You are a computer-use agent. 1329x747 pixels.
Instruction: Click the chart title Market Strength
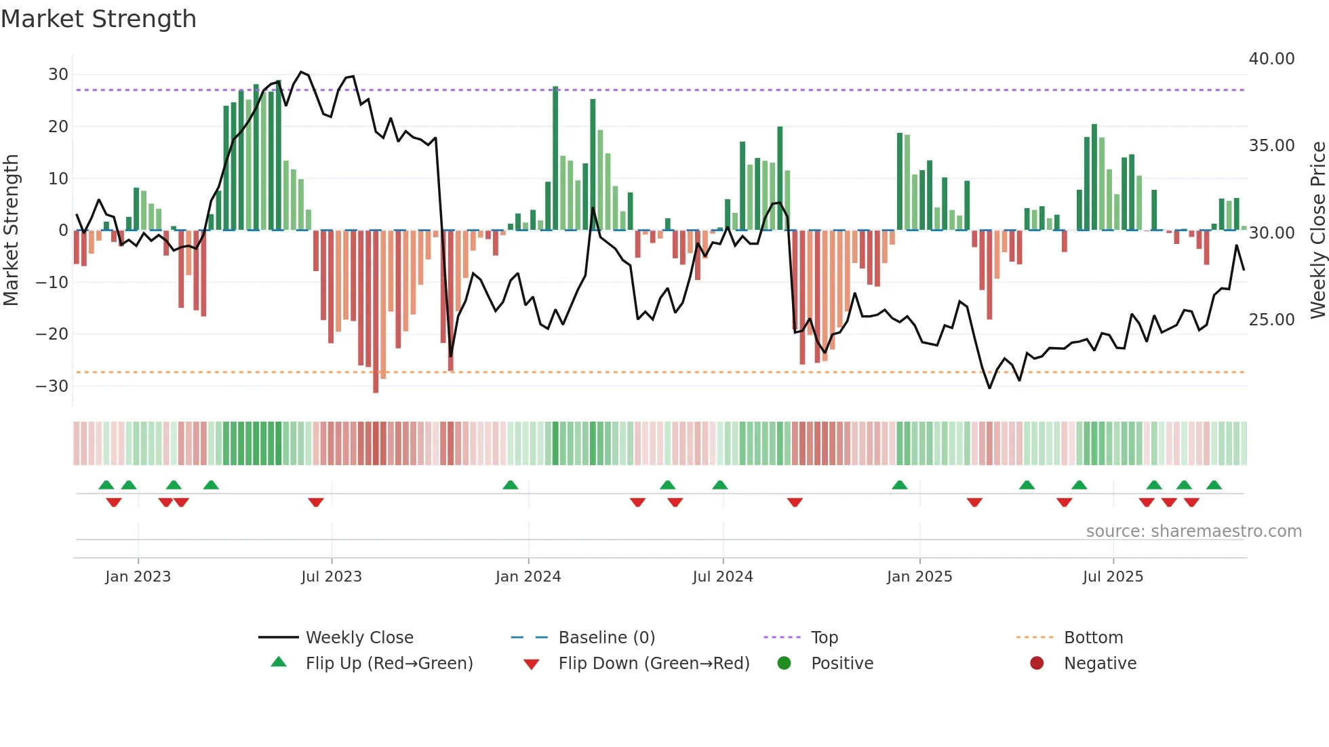(x=98, y=19)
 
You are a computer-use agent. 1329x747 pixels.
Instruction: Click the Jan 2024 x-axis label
(x=528, y=577)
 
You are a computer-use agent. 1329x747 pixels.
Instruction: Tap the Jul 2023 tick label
(x=332, y=577)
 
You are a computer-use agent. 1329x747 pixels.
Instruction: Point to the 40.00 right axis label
(x=1271, y=59)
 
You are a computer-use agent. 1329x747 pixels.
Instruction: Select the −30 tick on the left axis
(x=52, y=386)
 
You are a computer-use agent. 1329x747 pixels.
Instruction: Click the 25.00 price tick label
(x=1271, y=320)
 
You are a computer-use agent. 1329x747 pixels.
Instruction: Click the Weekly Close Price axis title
(x=1317, y=230)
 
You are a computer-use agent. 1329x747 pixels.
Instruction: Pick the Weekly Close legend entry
(x=359, y=638)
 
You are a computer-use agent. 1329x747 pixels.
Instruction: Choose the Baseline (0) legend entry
(x=606, y=638)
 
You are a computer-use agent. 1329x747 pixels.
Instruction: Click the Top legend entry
(x=824, y=638)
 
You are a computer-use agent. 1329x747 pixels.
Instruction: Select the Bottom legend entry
(x=1093, y=638)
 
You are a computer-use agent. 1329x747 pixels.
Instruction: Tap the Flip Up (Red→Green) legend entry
(x=389, y=664)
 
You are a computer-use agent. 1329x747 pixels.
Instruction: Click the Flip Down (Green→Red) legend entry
(x=654, y=664)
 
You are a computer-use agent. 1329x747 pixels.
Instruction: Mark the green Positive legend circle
(x=785, y=663)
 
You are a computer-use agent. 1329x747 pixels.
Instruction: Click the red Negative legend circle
(x=1037, y=663)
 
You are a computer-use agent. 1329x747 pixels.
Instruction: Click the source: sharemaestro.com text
(x=1193, y=531)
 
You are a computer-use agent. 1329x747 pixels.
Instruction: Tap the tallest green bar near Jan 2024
(x=555, y=158)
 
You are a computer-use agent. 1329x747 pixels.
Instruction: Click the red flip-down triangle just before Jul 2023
(x=316, y=502)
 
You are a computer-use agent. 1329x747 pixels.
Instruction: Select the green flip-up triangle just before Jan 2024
(x=511, y=485)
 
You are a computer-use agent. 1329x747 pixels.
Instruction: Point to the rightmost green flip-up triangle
(x=1214, y=485)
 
